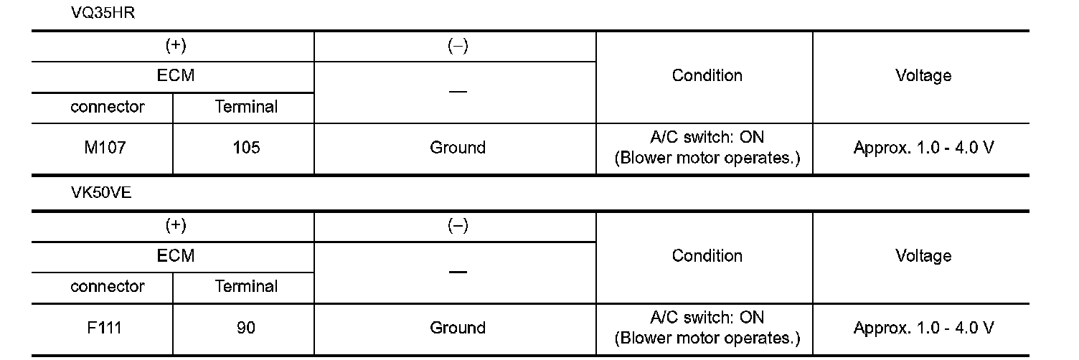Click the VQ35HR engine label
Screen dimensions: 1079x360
pyautogui.click(x=103, y=15)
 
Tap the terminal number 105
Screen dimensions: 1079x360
pyautogui.click(x=246, y=148)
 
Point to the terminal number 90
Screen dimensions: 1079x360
pyautogui.click(x=246, y=328)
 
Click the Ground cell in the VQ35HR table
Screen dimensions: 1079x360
pyautogui.click(x=457, y=148)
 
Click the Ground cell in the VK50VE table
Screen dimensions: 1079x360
pyautogui.click(x=457, y=328)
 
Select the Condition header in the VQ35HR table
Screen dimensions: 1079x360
pyautogui.click(x=707, y=76)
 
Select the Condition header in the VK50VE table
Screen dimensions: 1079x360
pyautogui.click(x=707, y=256)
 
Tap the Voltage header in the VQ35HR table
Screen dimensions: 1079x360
pyautogui.click(x=923, y=76)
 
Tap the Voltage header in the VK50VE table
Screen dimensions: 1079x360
pyautogui.click(x=923, y=256)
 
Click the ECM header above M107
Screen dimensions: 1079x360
pyautogui.click(x=176, y=76)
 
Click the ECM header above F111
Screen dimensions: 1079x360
pyautogui.click(x=176, y=256)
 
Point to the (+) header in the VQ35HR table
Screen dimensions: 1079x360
pyautogui.click(x=176, y=47)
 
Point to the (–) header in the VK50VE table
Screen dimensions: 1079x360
pyautogui.click(x=457, y=227)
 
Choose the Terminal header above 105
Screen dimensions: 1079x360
pyautogui.click(x=246, y=108)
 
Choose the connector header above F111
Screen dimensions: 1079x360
pyautogui.click(x=107, y=287)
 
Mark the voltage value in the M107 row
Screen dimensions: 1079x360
pyautogui.click(x=923, y=148)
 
